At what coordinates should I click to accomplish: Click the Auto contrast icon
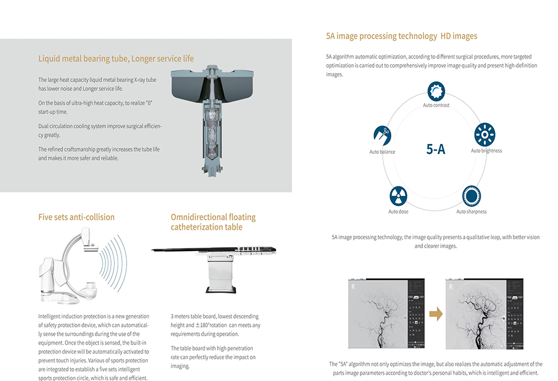[436, 90]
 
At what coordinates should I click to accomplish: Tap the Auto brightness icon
[484, 135]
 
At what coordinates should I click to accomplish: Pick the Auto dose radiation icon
[398, 196]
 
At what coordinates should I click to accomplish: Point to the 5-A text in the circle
[435, 149]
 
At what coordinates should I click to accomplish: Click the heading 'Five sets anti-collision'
[76, 217]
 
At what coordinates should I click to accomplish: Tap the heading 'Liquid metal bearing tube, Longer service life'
[116, 59]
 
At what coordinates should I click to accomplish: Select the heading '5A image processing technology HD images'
[401, 36]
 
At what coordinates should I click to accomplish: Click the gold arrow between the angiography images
[436, 314]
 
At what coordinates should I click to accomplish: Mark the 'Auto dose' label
[398, 212]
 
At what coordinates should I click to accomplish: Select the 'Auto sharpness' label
[472, 212]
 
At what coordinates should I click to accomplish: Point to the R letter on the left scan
[353, 287]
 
